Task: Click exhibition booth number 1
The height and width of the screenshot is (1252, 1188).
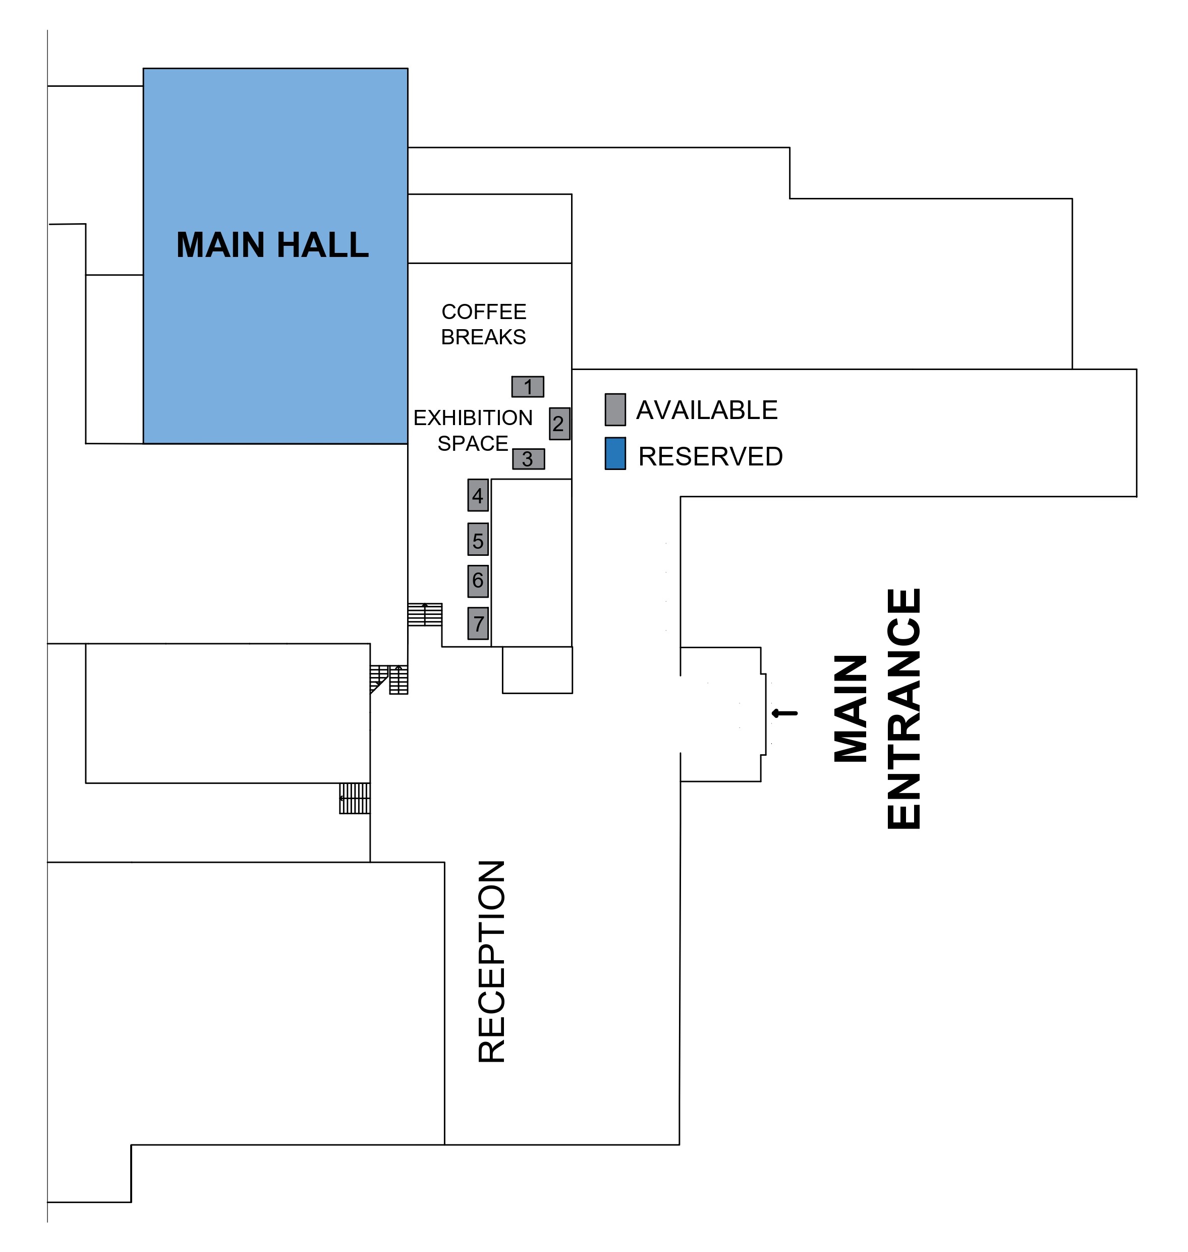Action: tap(528, 387)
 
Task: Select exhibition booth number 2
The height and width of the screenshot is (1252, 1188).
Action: tap(559, 423)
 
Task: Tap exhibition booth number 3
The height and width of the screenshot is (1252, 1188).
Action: tap(528, 459)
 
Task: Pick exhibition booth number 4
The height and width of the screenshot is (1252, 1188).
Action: tap(478, 495)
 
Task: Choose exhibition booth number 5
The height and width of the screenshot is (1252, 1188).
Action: tap(478, 540)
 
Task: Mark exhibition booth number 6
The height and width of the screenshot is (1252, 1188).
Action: tap(478, 581)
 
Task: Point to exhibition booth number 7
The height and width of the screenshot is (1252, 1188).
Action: tap(478, 623)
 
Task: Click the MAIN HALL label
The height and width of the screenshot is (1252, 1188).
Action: tap(272, 245)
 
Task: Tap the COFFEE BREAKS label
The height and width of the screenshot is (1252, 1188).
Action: tap(483, 325)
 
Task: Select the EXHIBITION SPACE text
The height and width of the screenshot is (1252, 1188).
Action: tap(473, 431)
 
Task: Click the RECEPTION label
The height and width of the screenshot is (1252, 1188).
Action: tap(491, 961)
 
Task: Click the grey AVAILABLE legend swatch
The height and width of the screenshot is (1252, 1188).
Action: tap(615, 409)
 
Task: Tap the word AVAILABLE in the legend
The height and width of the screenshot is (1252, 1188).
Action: tap(707, 410)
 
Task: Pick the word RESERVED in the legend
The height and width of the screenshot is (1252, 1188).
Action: tap(710, 457)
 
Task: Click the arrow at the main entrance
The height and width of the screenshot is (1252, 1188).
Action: tap(784, 713)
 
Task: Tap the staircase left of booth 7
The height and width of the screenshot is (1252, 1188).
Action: tap(424, 614)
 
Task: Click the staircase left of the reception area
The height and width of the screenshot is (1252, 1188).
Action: tap(355, 798)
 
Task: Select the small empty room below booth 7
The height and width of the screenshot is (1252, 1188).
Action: tap(537, 670)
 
